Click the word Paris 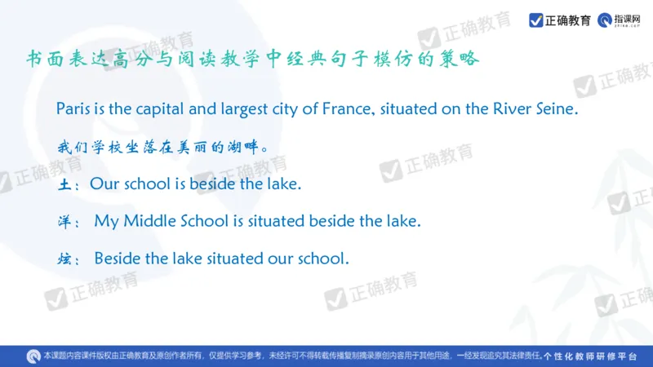(72, 109)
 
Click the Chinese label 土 (64, 185)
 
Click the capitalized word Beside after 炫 (118, 259)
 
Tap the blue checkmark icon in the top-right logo (535, 20)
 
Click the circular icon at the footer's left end (32, 356)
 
